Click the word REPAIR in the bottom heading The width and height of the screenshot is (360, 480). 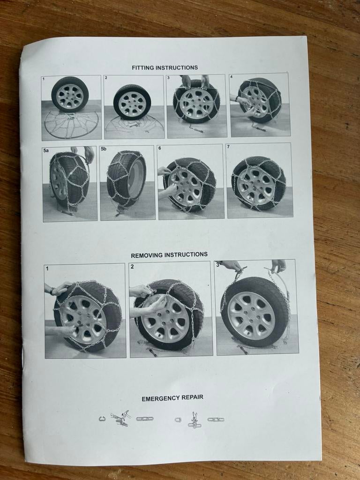[193, 397]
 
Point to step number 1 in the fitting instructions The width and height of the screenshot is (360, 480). [44, 79]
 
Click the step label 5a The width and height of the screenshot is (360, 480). [46, 150]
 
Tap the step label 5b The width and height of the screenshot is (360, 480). [104, 149]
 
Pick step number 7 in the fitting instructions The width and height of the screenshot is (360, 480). [228, 147]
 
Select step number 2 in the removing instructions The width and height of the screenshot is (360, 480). [132, 267]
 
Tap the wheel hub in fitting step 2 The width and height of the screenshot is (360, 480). [132, 103]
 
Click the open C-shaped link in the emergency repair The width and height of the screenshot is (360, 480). [102, 419]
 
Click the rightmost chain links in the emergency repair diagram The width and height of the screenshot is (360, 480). [216, 420]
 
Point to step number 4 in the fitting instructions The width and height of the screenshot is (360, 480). [231, 77]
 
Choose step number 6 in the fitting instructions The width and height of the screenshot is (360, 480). [160, 148]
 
